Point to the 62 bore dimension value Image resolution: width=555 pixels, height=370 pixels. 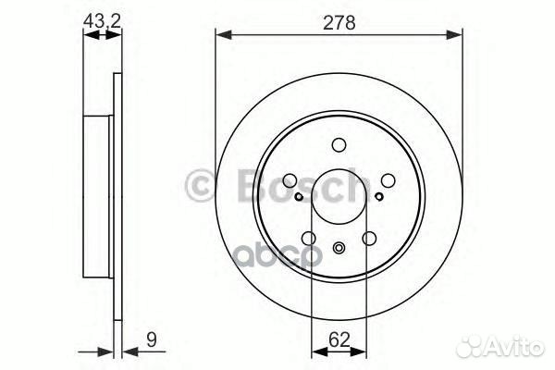tap(339, 339)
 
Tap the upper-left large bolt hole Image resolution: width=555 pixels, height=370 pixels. tap(290, 181)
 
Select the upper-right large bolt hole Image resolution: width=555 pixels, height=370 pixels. tap(388, 181)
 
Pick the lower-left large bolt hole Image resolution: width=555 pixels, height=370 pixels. tap(308, 239)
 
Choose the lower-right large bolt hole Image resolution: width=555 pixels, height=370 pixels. tap(370, 239)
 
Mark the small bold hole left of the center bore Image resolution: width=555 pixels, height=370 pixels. tap(298, 196)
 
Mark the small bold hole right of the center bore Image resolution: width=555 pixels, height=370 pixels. tap(379, 196)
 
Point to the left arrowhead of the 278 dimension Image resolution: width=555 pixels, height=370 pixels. tap(222, 35)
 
